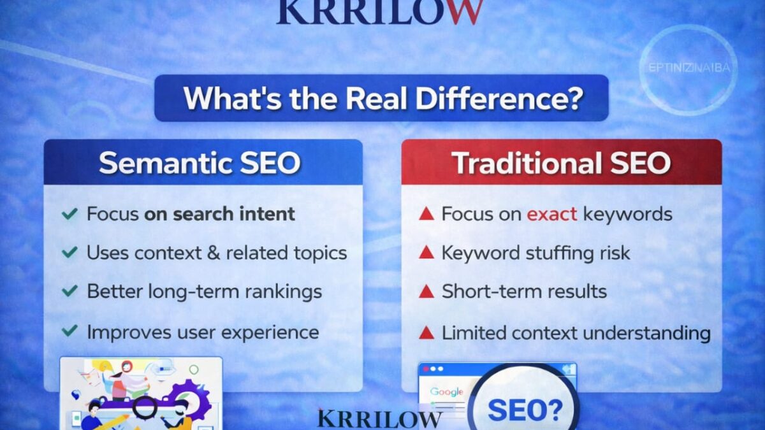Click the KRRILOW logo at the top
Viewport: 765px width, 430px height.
pyautogui.click(x=379, y=11)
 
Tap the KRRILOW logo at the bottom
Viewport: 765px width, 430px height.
pyautogui.click(x=379, y=419)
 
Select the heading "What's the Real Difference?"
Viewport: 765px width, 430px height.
pyautogui.click(x=381, y=98)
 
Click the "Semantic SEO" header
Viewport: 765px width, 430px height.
pyautogui.click(x=200, y=163)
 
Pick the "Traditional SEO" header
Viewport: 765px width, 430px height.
pyautogui.click(x=561, y=163)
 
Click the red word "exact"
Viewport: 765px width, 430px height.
pyautogui.click(x=551, y=214)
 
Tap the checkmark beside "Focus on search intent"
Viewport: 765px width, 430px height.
pyautogui.click(x=69, y=214)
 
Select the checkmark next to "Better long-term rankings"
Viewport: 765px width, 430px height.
pyautogui.click(x=69, y=292)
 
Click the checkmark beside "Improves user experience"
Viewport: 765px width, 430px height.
pyautogui.click(x=69, y=332)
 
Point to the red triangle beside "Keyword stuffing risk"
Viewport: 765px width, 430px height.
pyautogui.click(x=426, y=253)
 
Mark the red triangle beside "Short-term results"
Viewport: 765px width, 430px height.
pyautogui.click(x=426, y=292)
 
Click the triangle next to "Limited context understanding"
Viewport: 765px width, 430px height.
pyautogui.click(x=426, y=333)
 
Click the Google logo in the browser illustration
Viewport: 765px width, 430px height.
pyautogui.click(x=446, y=392)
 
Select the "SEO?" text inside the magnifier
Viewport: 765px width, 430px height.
pyautogui.click(x=525, y=410)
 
